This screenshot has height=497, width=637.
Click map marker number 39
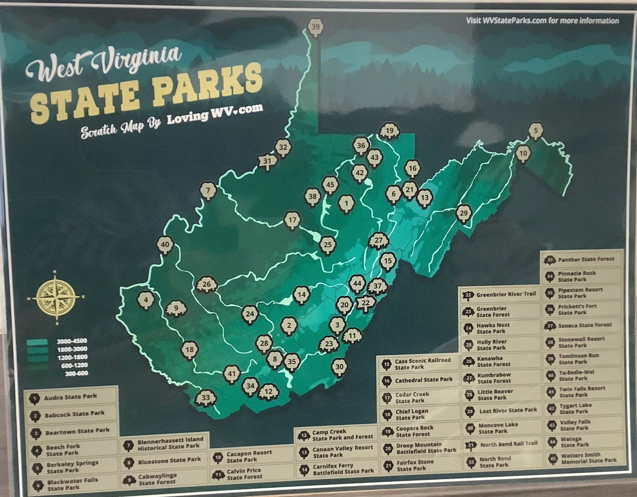pos(316,27)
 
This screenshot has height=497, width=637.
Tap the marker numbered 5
pos(535,130)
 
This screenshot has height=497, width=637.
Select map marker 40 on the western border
pos(165,245)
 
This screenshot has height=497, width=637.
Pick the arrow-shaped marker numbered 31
pos(267,160)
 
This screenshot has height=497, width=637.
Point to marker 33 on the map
pos(206,397)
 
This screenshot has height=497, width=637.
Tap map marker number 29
pos(463,213)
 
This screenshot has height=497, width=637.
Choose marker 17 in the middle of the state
pos(292,220)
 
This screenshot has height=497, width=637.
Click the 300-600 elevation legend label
pos(76,373)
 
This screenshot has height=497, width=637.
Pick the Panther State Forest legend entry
pos(583,259)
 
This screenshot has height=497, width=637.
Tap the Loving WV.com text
pos(215,114)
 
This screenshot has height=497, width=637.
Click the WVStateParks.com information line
pos(542,20)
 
